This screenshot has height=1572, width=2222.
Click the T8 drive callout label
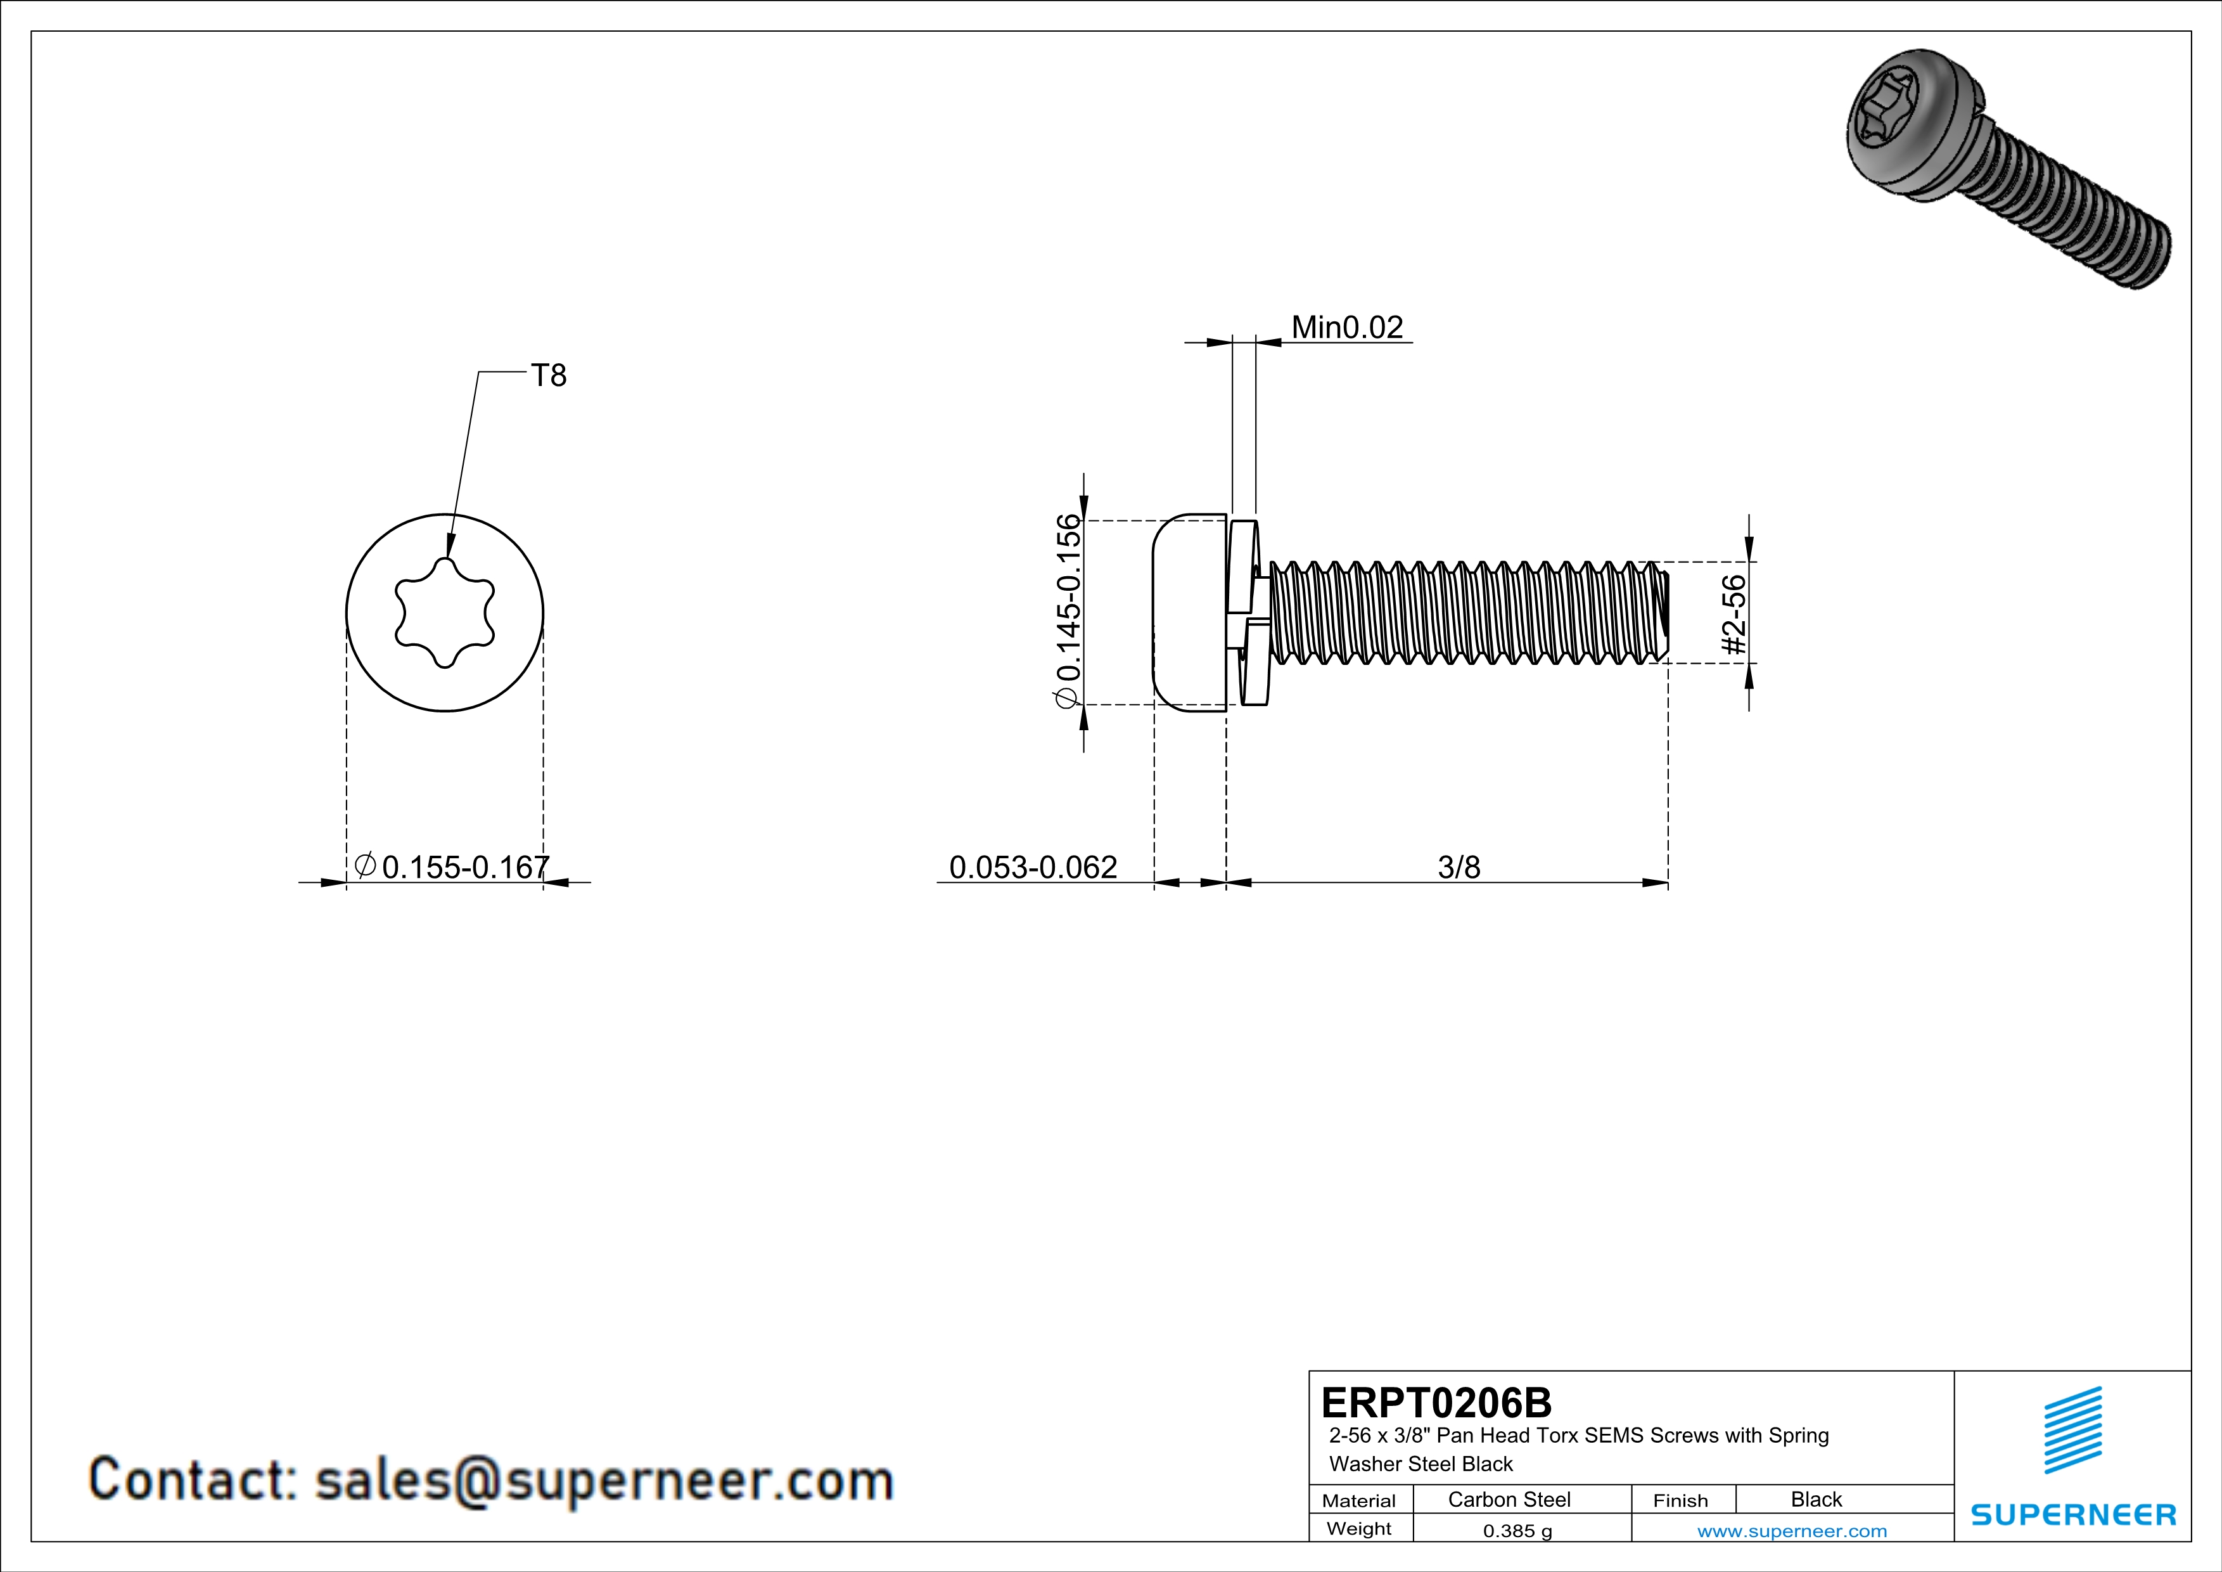(x=549, y=376)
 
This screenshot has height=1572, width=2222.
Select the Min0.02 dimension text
(x=1347, y=327)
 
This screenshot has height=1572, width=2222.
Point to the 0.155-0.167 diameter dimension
(x=464, y=867)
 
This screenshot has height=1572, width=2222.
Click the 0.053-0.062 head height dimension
(x=1033, y=867)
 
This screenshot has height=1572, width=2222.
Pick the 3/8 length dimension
(x=1459, y=867)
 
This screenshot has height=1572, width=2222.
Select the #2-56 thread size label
(x=1734, y=615)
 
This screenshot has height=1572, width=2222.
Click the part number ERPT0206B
(x=1435, y=1403)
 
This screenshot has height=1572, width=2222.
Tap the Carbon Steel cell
(x=1509, y=1499)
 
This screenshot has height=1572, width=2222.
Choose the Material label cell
(x=1359, y=1500)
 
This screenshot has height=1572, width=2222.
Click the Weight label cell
(x=1359, y=1528)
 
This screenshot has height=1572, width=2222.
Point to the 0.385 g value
(x=1516, y=1530)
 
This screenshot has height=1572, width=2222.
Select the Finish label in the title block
(x=1680, y=1500)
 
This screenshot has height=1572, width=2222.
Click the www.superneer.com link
(x=1791, y=1530)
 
